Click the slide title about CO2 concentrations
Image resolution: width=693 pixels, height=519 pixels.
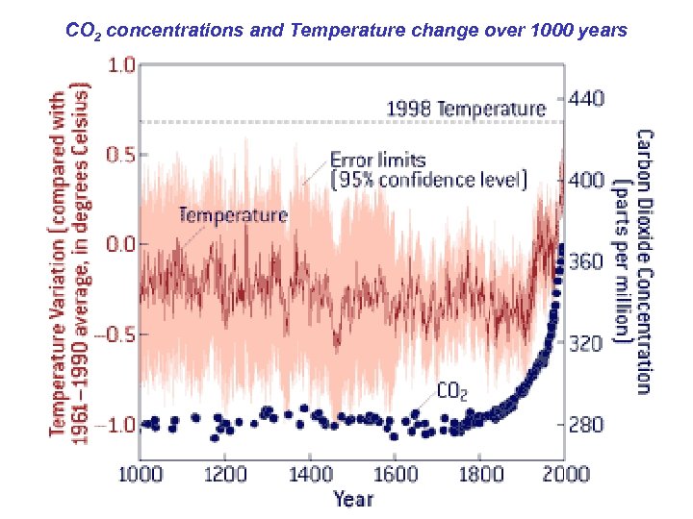pos(346,31)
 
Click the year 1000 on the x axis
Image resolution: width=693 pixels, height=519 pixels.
pos(141,473)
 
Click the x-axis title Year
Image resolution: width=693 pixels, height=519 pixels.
pos(353,498)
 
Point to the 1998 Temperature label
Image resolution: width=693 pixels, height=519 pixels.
pos(466,109)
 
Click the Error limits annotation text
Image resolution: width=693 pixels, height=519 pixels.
pos(427,169)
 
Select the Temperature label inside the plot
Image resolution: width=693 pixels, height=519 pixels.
pos(232,214)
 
